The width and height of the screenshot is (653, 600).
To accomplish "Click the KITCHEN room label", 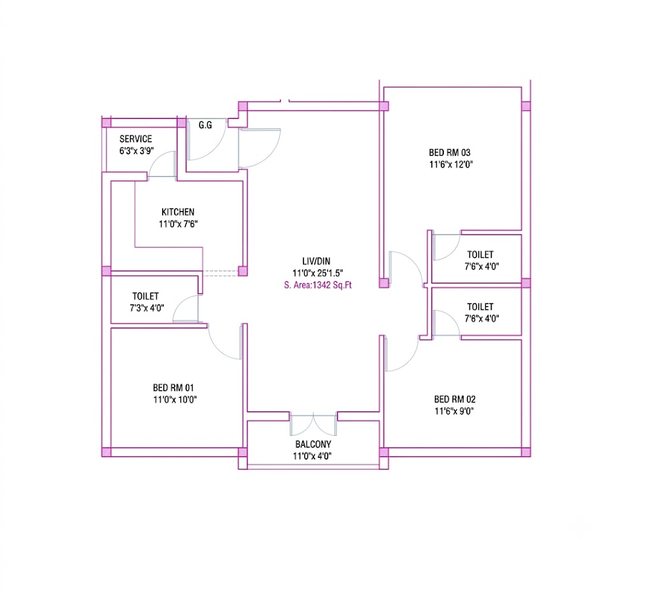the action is point(178,212).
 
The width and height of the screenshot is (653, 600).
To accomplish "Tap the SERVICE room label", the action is point(136,138).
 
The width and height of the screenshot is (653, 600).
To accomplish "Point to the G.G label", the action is point(205,125).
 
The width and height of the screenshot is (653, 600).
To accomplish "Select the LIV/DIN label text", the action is point(316,261).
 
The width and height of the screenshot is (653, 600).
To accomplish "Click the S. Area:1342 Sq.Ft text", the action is point(318,285).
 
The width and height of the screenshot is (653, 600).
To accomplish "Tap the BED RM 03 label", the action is point(450,152).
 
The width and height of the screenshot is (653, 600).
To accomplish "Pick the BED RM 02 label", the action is point(455,399).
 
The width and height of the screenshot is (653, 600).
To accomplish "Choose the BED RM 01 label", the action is point(173,388).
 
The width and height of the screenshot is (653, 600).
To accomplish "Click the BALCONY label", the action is point(313,444).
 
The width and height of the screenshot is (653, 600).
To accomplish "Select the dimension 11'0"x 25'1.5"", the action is point(318,273).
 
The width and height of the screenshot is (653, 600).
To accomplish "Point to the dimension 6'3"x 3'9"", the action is point(136,150).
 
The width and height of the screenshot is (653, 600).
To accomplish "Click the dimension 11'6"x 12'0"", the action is point(451,165).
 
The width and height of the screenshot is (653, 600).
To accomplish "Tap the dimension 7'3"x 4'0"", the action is point(147,308).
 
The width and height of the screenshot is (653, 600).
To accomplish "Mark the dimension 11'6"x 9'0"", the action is point(454,411).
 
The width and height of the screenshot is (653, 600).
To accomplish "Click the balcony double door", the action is point(313,425).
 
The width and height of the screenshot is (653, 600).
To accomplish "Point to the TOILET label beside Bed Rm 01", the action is point(145,296).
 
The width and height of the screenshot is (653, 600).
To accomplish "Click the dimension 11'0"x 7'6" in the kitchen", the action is point(179,224).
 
